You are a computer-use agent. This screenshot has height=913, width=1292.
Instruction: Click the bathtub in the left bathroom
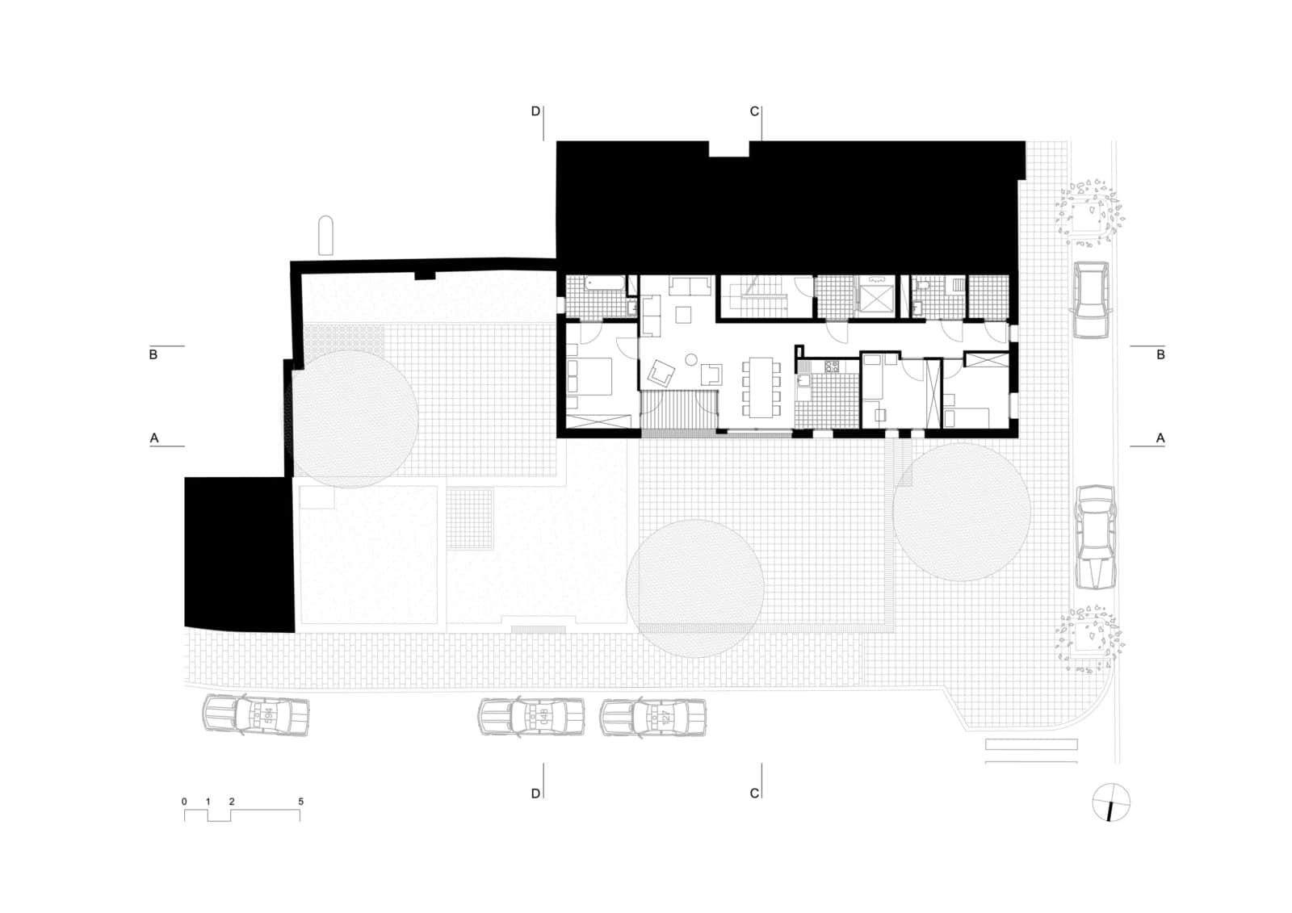pyautogui.click(x=604, y=283)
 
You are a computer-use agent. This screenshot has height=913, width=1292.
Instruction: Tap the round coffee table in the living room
pyautogui.click(x=691, y=360)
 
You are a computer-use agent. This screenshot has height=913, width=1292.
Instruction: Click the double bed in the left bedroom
pyautogui.click(x=589, y=377)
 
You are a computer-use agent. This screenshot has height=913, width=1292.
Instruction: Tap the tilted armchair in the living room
pyautogui.click(x=661, y=374)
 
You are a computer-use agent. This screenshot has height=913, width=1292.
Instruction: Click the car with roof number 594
pyautogui.click(x=255, y=715)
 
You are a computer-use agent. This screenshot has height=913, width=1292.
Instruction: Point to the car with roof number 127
pyautogui.click(x=653, y=717)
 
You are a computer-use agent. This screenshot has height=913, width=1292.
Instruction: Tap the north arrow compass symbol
pyautogui.click(x=1111, y=802)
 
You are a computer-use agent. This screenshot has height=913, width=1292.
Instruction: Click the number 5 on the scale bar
pyautogui.click(x=300, y=801)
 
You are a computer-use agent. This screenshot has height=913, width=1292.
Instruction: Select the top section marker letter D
pyautogui.click(x=536, y=111)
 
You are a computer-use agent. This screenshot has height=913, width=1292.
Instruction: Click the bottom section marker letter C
pyautogui.click(x=754, y=794)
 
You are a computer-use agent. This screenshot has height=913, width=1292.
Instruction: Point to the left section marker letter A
pyautogui.click(x=154, y=438)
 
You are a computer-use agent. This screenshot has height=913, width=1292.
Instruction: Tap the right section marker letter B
pyautogui.click(x=1160, y=354)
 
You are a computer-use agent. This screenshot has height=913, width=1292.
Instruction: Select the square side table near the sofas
pyautogui.click(x=683, y=314)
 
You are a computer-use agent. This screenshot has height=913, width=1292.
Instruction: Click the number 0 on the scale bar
pyautogui.click(x=184, y=801)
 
